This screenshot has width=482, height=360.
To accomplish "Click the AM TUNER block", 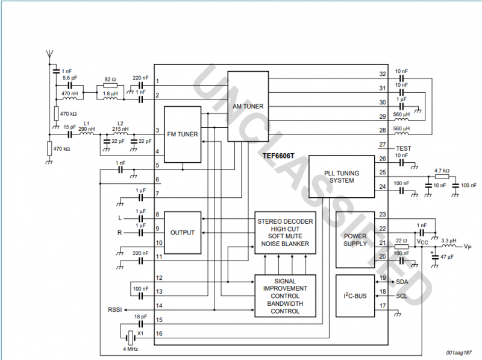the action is (x=248, y=107).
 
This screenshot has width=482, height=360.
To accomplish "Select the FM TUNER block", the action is (x=183, y=134).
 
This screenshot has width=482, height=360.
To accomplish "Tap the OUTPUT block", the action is (x=183, y=233).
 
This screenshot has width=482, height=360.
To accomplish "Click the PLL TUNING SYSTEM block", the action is (x=342, y=177).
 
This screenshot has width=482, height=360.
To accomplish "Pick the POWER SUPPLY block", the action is (x=355, y=239).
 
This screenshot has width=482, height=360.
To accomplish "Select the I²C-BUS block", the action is (x=355, y=296).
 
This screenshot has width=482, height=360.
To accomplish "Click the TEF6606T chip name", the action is (x=278, y=156).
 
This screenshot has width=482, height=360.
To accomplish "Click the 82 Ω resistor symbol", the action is (x=110, y=86).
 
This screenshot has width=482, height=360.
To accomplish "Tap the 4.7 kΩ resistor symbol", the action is (x=442, y=177).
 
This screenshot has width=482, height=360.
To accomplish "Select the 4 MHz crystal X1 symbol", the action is (x=131, y=338).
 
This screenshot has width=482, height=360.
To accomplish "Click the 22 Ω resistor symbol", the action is (x=401, y=247).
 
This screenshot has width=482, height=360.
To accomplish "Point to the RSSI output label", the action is (x=115, y=309).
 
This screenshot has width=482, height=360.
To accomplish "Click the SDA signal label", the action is (x=402, y=282).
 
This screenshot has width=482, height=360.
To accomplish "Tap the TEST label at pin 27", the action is (x=403, y=148).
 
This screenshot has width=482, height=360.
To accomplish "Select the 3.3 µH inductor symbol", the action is (x=449, y=246).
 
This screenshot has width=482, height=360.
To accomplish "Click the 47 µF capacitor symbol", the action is (x=435, y=256).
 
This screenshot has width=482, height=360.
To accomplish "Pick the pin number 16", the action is (x=159, y=333).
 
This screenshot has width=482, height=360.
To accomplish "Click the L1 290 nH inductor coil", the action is (x=86, y=133).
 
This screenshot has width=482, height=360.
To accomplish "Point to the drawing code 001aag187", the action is (x=459, y=353).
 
